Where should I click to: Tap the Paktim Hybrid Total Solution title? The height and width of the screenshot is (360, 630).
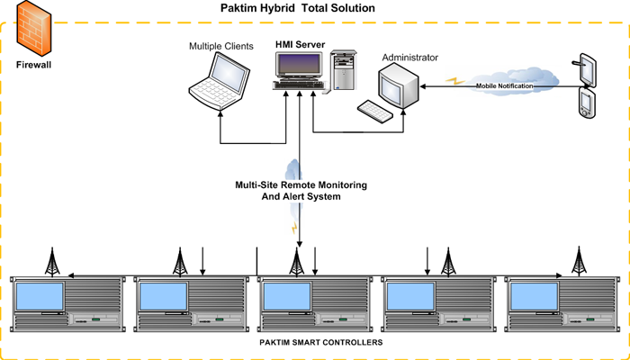tap(298, 8)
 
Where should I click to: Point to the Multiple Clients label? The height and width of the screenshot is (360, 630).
tap(220, 45)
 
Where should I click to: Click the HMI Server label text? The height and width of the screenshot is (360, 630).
tap(299, 43)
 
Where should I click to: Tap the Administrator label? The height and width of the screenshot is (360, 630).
tap(409, 58)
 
